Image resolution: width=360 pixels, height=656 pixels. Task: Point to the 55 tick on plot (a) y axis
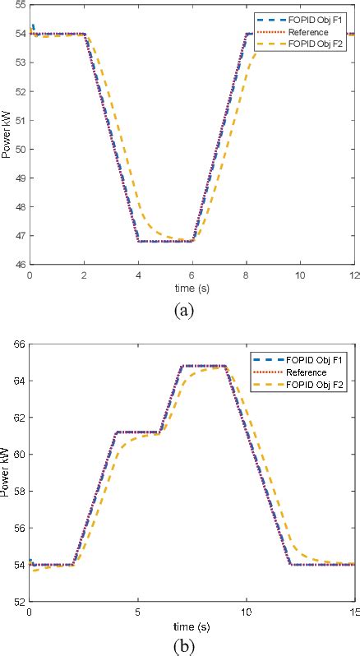click(x=21, y=6)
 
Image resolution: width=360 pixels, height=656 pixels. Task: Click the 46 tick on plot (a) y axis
click(x=21, y=265)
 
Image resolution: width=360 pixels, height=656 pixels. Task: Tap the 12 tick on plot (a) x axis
click(x=353, y=274)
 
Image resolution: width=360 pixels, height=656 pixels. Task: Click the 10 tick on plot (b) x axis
click(x=246, y=612)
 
